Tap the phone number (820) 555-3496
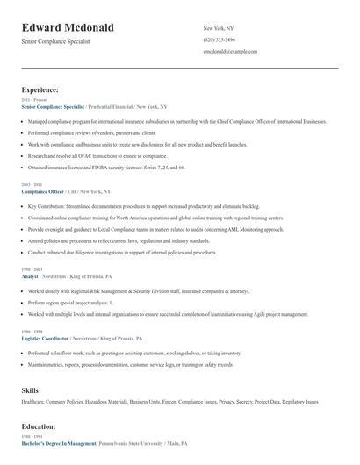tap(219, 39)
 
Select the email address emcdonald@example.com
tap(230, 52)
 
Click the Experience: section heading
tap(40, 89)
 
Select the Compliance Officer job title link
tap(44, 190)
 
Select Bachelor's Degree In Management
tap(59, 443)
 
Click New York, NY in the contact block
tap(219, 28)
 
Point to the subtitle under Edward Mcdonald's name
tap(56, 41)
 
